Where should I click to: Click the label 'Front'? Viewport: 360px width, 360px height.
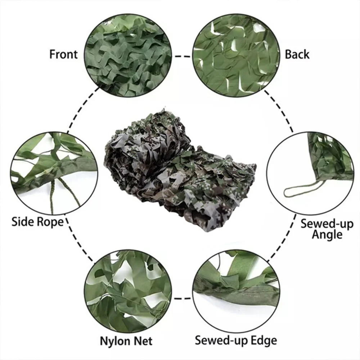63,54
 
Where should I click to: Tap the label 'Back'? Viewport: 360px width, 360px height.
297,54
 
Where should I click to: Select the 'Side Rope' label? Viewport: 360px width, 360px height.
37,221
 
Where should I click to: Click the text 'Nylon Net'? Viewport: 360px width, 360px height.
126,341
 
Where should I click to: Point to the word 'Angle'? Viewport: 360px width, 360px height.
327,235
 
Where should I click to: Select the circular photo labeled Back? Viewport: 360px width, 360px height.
236,54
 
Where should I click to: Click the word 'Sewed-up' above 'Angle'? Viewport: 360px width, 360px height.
327,224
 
